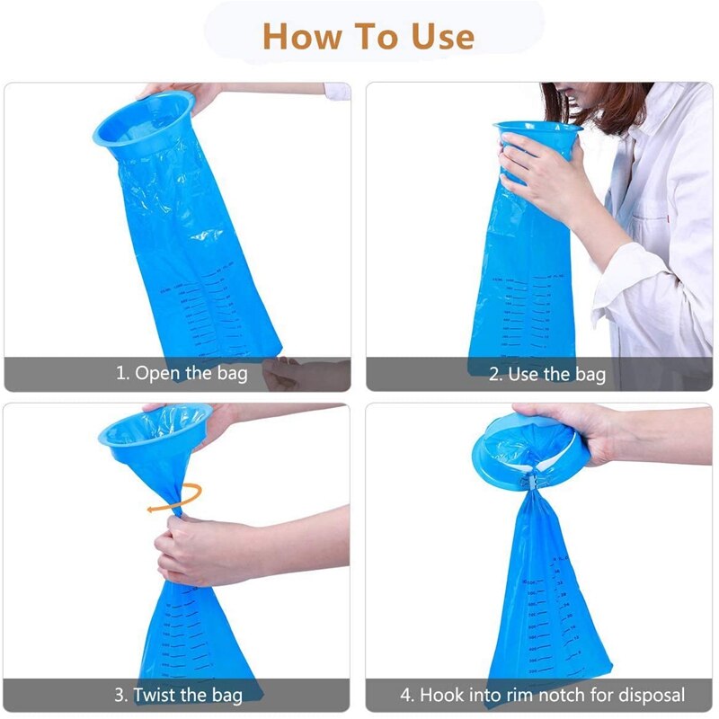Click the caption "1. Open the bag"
point(182,372)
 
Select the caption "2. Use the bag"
point(546,373)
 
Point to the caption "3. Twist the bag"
point(182,695)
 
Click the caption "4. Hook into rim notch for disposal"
point(542,695)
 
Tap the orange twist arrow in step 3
point(176,498)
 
